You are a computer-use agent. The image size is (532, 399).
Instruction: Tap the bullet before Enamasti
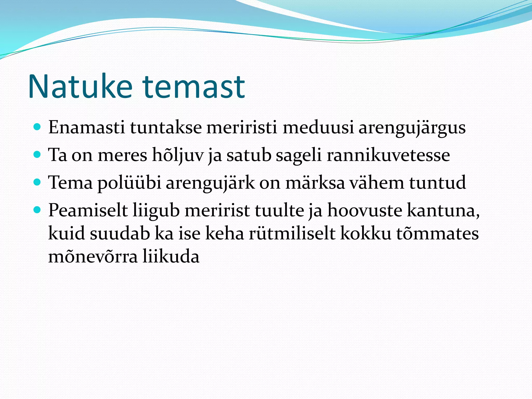click(x=37, y=127)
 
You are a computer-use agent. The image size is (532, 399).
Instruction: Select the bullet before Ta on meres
click(x=37, y=155)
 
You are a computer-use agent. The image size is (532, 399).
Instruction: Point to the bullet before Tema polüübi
click(x=37, y=182)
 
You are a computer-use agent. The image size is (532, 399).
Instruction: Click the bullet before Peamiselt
click(x=37, y=210)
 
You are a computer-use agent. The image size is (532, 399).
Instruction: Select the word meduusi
click(x=318, y=128)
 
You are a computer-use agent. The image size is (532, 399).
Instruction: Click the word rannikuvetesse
click(x=388, y=155)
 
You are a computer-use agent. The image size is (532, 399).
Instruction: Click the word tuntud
click(x=438, y=183)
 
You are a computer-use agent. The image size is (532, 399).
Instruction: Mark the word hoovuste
click(x=365, y=210)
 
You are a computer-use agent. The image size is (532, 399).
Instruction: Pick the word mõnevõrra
click(x=93, y=256)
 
